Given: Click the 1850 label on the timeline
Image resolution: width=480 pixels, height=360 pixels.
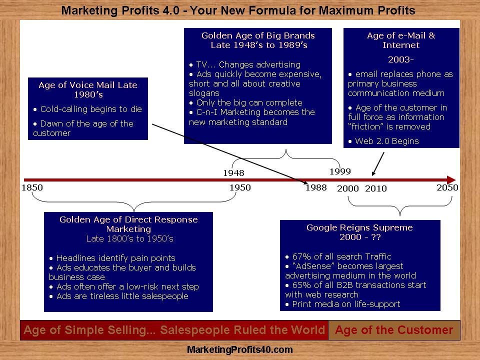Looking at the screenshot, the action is pyautogui.click(x=32, y=187).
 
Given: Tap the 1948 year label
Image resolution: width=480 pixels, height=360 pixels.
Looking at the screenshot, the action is pyautogui.click(x=233, y=173).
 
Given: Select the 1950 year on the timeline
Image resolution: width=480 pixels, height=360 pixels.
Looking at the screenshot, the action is pyautogui.click(x=240, y=187).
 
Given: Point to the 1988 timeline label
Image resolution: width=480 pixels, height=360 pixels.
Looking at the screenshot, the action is pyautogui.click(x=316, y=187).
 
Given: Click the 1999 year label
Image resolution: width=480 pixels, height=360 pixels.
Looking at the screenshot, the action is pyautogui.click(x=340, y=171).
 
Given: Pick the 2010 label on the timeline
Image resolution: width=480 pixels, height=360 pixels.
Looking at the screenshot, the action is pyautogui.click(x=376, y=188).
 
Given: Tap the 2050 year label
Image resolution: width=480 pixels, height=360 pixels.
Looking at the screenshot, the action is pyautogui.click(x=447, y=187).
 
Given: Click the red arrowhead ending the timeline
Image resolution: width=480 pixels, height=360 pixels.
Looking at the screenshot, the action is pyautogui.click(x=451, y=180).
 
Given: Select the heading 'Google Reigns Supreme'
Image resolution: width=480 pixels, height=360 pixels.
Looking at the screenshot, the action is pyautogui.click(x=359, y=227).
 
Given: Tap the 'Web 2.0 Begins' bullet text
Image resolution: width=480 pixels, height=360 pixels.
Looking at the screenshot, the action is pyautogui.click(x=387, y=141).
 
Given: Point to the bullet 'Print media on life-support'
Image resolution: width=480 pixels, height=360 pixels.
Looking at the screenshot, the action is pyautogui.click(x=346, y=304).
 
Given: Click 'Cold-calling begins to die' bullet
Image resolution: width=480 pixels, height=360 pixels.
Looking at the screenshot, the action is pyautogui.click(x=91, y=109).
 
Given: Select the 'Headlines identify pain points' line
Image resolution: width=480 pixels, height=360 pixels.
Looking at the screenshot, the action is pyautogui.click(x=116, y=258).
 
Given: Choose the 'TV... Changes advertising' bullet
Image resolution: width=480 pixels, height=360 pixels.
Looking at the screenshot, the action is pyautogui.click(x=248, y=64).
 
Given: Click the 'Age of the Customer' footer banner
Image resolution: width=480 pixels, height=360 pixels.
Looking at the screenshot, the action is pyautogui.click(x=394, y=330).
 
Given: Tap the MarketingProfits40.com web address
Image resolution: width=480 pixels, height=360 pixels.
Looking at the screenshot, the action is pyautogui.click(x=239, y=349).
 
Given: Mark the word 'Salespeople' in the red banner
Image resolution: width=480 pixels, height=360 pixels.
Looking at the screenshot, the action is pyautogui.click(x=195, y=330).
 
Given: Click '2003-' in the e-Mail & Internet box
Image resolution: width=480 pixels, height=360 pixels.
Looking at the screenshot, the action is pyautogui.click(x=400, y=59).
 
